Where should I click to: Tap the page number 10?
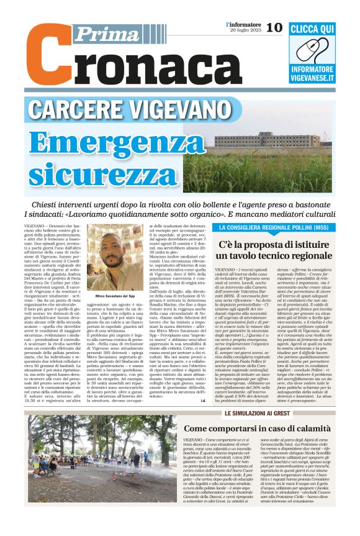point(274,27)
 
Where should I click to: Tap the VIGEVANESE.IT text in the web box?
point(322,79)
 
